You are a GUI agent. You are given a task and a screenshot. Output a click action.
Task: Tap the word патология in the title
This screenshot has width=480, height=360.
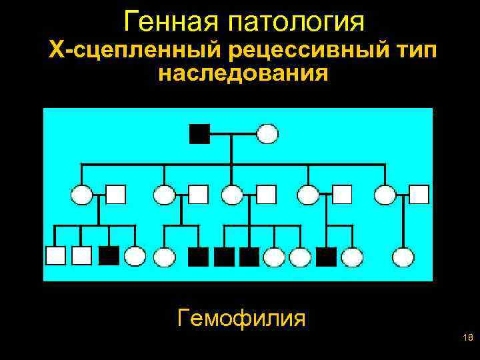pyautogui.click(x=296, y=22)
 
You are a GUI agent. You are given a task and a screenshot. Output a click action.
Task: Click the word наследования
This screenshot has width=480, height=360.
pyautogui.click(x=243, y=73)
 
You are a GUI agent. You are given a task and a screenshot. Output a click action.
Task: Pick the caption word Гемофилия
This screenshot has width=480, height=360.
pyautogui.click(x=242, y=318)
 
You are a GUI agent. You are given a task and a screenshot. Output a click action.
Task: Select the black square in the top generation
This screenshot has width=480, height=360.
pyautogui.click(x=199, y=134)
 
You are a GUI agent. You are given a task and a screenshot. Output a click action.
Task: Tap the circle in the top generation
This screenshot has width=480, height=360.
pyautogui.click(x=267, y=134)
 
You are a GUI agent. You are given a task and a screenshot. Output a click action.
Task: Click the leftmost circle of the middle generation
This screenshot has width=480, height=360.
pyautogui.click(x=81, y=195)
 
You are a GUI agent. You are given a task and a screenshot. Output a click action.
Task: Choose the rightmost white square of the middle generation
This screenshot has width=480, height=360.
pyautogui.click(x=419, y=194)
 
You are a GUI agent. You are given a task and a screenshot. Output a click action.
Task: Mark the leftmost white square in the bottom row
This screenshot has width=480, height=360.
pyautogui.click(x=55, y=256)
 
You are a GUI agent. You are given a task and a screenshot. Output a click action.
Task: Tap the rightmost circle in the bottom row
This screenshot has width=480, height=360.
pyautogui.click(x=403, y=257)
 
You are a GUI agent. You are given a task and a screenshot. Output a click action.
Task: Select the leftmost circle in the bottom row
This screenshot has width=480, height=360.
pyautogui.click(x=135, y=257)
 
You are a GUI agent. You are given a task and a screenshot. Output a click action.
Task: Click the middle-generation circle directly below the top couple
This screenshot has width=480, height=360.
pyautogui.click(x=232, y=195)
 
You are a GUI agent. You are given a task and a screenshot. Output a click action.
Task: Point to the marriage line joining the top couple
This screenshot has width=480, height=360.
pyautogui.click(x=233, y=134)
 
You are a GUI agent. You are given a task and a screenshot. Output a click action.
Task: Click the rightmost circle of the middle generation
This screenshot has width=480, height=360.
pyautogui.click(x=385, y=195)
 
